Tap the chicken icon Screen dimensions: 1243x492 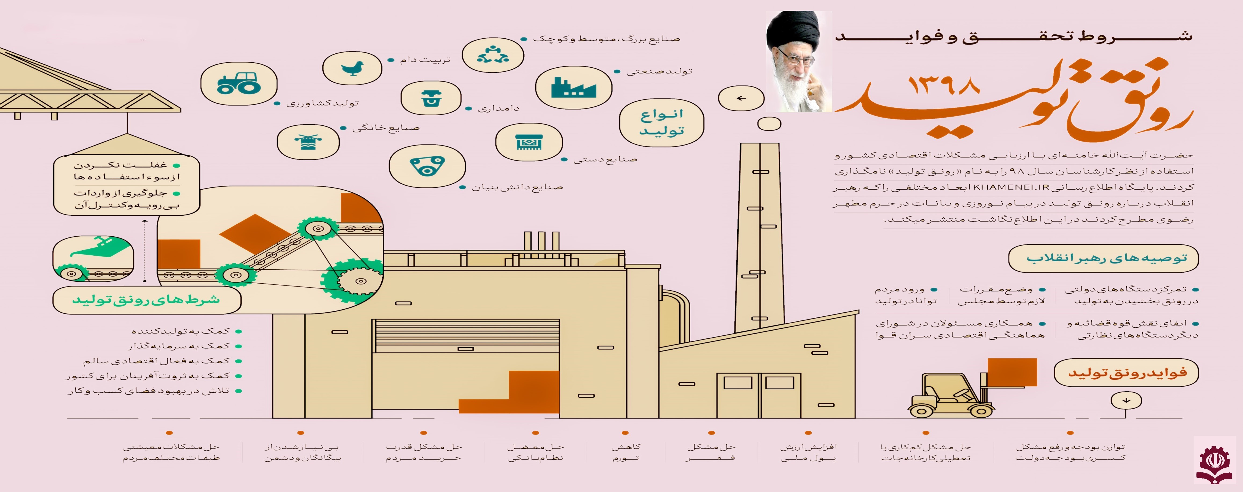pyautogui.click(x=352, y=68)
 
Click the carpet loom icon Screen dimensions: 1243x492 pyautogui.click(x=529, y=142)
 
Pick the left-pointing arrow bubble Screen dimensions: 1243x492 pyautogui.click(x=741, y=98)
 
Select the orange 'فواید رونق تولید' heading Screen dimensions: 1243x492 pyautogui.click(x=1126, y=372)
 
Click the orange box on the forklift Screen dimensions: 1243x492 pyautogui.click(x=1012, y=372)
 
